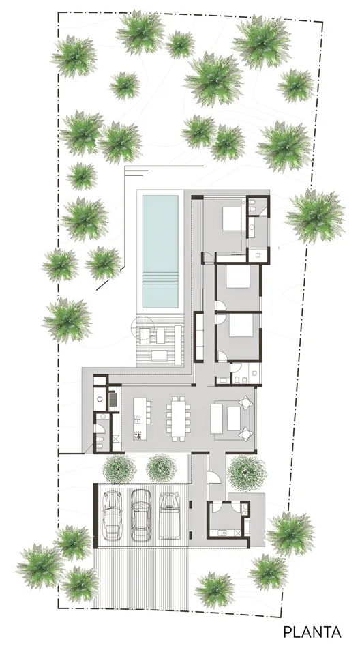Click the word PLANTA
(312, 632)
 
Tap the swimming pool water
(160, 251)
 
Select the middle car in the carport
(140, 515)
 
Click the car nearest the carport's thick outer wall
(112, 515)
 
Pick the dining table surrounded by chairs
(179, 415)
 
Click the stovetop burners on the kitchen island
(137, 435)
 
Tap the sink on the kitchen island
(137, 418)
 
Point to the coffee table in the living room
(234, 418)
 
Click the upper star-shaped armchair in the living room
(245, 402)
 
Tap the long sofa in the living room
(217, 418)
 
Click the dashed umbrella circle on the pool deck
(141, 328)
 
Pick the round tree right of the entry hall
(247, 473)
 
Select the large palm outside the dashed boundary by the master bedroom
(315, 216)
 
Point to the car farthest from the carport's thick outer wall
(168, 516)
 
